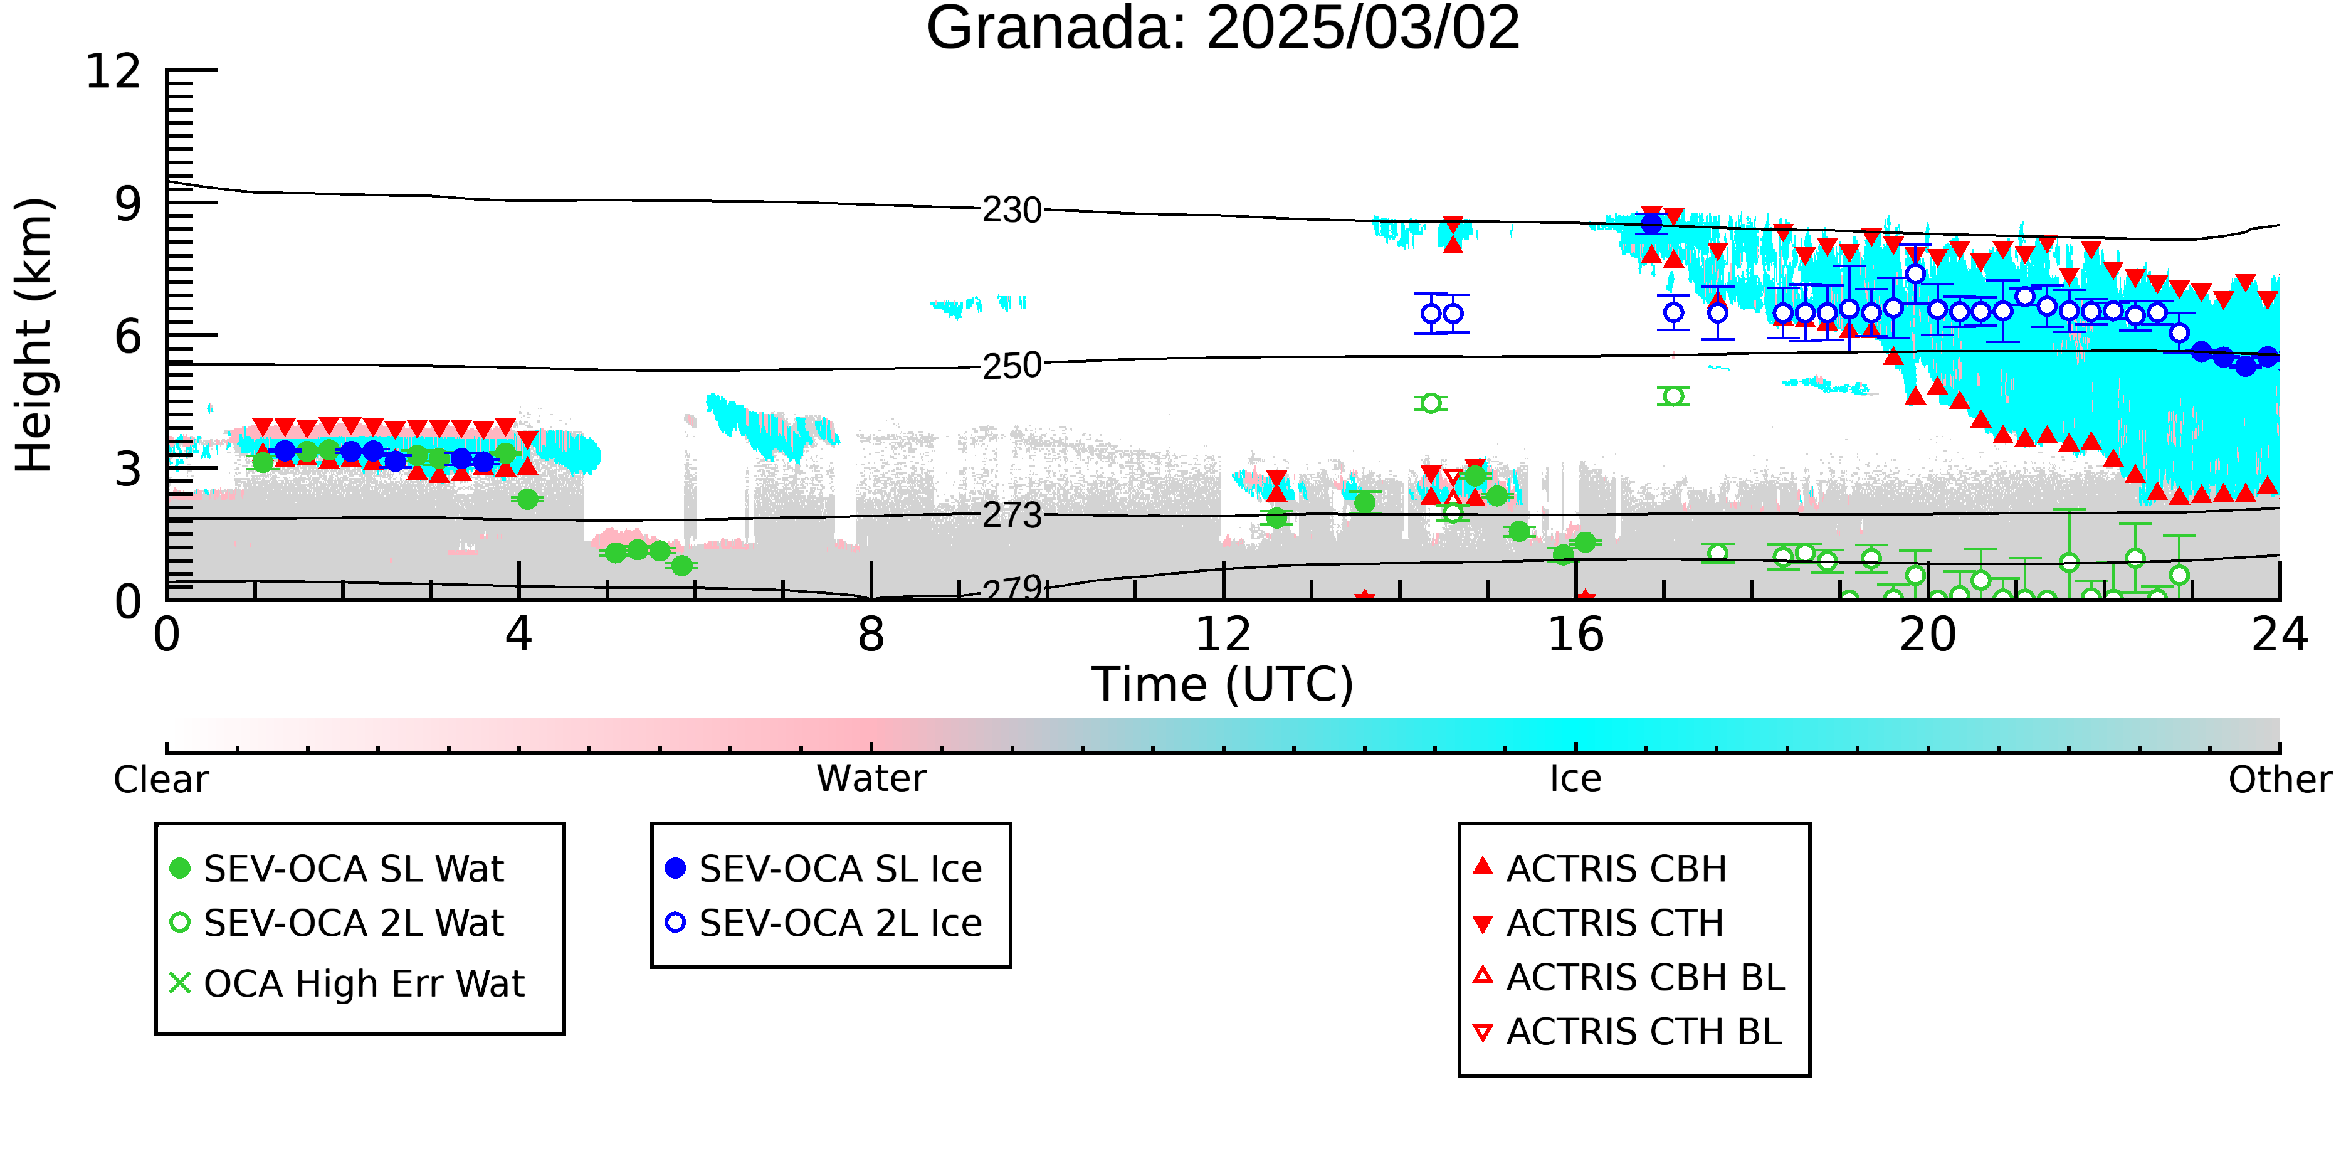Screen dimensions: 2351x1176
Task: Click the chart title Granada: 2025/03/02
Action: click(x=1223, y=28)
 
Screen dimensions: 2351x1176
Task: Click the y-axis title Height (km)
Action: click(x=34, y=335)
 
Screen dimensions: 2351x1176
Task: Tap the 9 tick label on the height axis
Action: click(x=129, y=204)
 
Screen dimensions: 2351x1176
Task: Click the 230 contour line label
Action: click(x=1012, y=211)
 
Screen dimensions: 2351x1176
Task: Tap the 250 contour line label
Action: click(x=1012, y=366)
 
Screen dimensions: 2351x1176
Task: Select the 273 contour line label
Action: click(x=1012, y=516)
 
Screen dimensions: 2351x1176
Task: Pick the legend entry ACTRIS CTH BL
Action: click(x=1628, y=1032)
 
